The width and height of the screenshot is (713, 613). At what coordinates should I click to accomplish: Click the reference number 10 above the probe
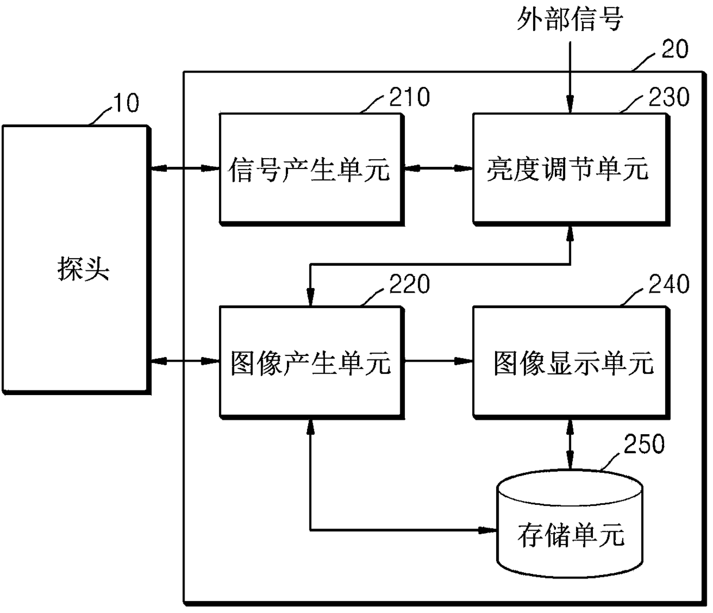pos(126,103)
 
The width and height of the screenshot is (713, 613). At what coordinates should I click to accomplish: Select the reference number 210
pos(409,97)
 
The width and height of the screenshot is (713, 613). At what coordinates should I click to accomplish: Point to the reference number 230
pos(669,97)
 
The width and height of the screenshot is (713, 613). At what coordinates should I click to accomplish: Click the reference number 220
pos(409,284)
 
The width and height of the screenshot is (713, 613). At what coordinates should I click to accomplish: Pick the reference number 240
pos(669,284)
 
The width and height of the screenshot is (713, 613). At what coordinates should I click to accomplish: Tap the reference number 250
pos(644,443)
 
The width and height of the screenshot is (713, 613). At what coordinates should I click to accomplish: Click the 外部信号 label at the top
pos(569,19)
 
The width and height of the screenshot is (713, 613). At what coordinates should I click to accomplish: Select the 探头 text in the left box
pos(83,269)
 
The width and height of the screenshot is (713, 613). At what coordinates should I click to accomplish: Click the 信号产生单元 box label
pos(309,170)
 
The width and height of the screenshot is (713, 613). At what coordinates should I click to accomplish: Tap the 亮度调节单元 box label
pos(568,170)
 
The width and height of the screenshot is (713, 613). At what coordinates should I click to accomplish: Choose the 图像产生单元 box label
pos(310,363)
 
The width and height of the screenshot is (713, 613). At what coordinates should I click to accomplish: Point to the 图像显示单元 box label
pos(574,363)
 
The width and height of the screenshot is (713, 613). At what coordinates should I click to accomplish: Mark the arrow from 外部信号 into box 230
pos(569,77)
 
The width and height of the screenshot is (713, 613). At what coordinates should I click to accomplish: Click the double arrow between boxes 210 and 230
pos(438,168)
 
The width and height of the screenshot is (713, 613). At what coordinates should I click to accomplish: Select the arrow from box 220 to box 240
pos(438,361)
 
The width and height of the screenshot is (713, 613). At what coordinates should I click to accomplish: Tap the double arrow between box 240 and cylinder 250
pos(569,445)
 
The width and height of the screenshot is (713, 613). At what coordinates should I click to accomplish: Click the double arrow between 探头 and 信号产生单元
pos(186,168)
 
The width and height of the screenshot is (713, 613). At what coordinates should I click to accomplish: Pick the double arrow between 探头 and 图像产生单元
pos(186,361)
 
